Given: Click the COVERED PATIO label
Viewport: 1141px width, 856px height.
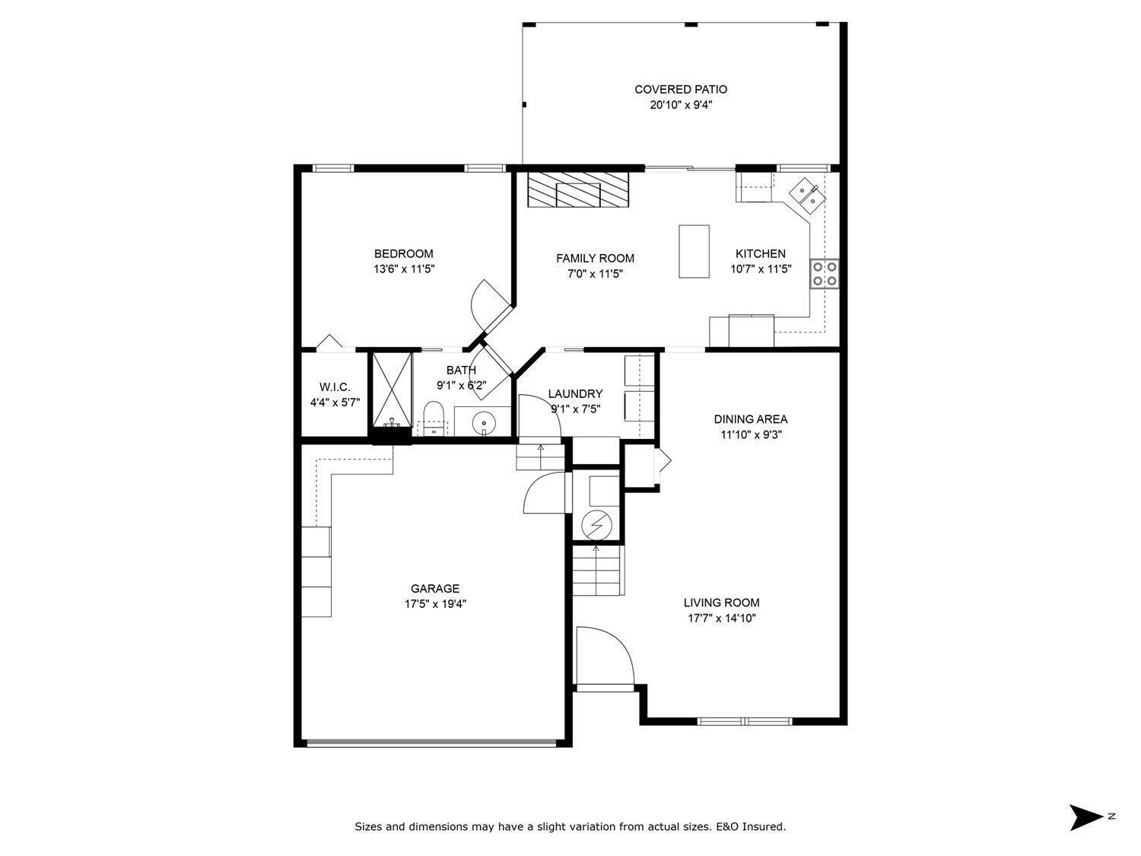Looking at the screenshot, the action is [681, 89].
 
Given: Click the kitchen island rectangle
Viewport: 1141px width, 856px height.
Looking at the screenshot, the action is [694, 252].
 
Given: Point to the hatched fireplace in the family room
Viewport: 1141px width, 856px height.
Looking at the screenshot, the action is [578, 189].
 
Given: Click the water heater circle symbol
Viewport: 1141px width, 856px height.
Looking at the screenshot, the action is [596, 526].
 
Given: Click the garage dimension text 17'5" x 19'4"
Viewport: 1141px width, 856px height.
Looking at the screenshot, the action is [436, 604].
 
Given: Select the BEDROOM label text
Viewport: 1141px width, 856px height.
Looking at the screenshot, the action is [403, 253].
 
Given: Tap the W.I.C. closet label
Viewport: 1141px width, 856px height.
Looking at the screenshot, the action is [335, 387].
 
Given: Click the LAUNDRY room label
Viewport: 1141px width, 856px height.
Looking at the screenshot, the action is [575, 394].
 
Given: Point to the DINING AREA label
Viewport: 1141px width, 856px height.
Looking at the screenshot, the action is [751, 419].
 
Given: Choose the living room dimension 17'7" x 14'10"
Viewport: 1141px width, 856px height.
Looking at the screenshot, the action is [722, 618].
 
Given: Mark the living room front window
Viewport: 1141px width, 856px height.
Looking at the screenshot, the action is [744, 721].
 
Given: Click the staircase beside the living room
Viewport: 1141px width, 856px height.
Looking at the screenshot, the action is [598, 570].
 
